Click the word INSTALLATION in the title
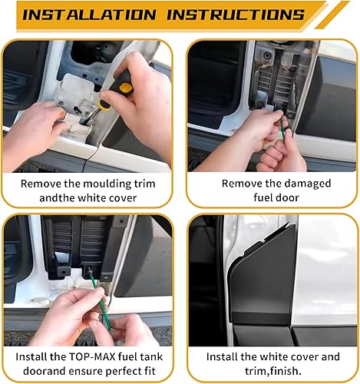click(85, 15)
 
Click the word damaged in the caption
click(300, 184)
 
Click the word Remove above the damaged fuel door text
click(243, 184)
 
